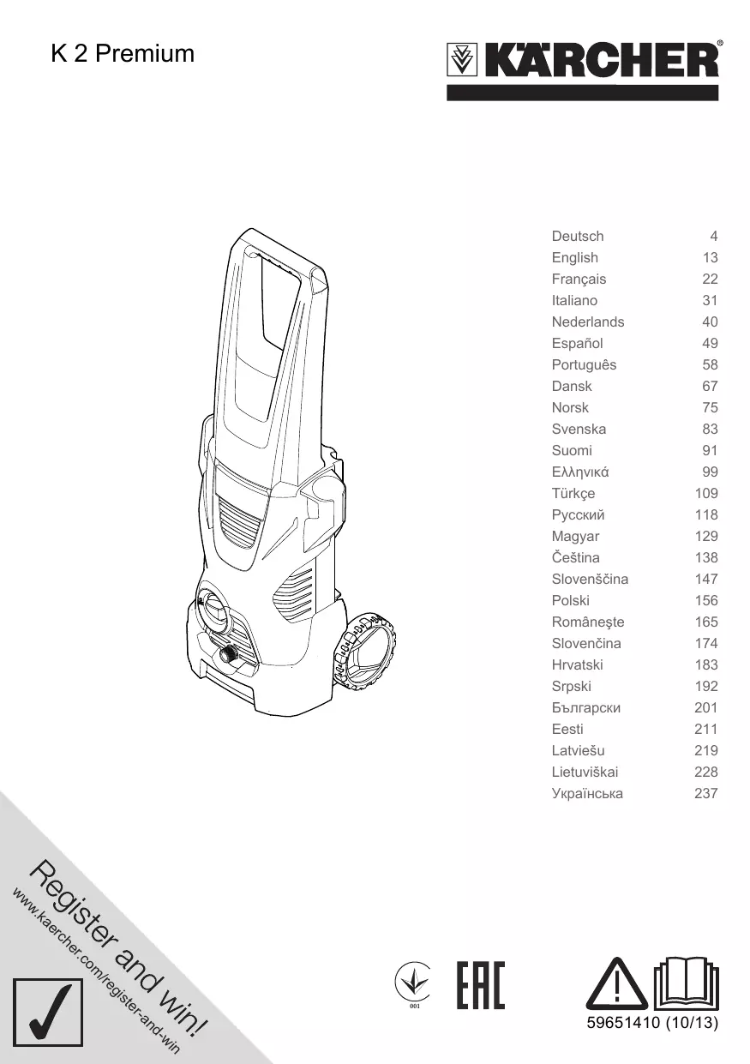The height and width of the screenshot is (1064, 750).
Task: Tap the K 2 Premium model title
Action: pyautogui.click(x=123, y=54)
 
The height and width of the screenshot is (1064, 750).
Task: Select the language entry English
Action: pyautogui.click(x=575, y=257)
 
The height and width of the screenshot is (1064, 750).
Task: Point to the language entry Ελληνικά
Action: pyautogui.click(x=580, y=472)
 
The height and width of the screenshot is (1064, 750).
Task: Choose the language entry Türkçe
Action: pyautogui.click(x=573, y=493)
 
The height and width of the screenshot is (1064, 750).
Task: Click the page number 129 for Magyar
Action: pyautogui.click(x=706, y=536)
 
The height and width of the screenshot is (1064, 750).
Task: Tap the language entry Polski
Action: pyautogui.click(x=571, y=600)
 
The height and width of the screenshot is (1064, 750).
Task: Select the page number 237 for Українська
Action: pyautogui.click(x=706, y=793)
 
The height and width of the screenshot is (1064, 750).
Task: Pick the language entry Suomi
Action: pyautogui.click(x=572, y=450)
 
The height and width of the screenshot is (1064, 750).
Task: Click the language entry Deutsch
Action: pyautogui.click(x=578, y=236)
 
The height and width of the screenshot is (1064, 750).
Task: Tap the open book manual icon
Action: pyautogui.click(x=686, y=983)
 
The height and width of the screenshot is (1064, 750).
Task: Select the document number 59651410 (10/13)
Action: pyautogui.click(x=651, y=1023)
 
